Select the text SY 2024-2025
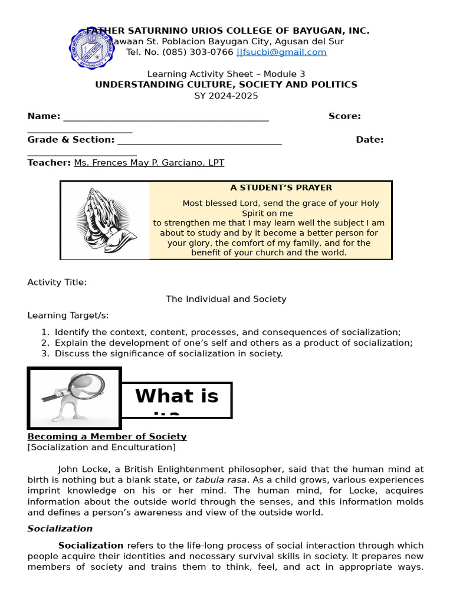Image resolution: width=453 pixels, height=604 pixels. click(x=226, y=96)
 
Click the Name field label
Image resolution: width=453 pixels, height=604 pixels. click(x=44, y=116)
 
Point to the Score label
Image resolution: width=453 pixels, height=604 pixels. click(x=344, y=116)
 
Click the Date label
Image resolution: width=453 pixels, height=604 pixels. click(x=369, y=140)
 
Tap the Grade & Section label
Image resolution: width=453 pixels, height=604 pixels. click(x=71, y=140)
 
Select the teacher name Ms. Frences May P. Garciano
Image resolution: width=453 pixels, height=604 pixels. click(x=149, y=163)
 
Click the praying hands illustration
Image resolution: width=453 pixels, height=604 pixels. click(x=106, y=221)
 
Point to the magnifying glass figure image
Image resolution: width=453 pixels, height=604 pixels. click(x=74, y=398)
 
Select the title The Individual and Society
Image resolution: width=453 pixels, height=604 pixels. click(x=226, y=299)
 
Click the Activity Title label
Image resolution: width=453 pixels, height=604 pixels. click(x=57, y=283)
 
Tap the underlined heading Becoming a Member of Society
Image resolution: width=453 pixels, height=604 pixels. click(x=107, y=436)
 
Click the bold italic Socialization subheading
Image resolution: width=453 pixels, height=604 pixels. click(x=60, y=528)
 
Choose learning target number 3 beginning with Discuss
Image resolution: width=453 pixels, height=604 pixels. click(x=169, y=354)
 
